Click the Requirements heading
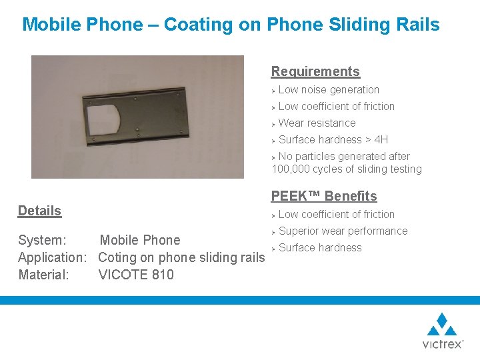pyautogui.click(x=315, y=71)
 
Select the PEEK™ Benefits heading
pyautogui.click(x=324, y=196)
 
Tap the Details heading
pyautogui.click(x=39, y=211)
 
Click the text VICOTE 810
pyautogui.click(x=136, y=274)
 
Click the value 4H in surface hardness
pyautogui.click(x=381, y=139)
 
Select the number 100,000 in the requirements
pyautogui.click(x=294, y=169)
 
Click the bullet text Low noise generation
pyautogui.click(x=329, y=90)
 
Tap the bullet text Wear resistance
pyautogui.click(x=317, y=123)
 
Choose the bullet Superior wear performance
pyautogui.click(x=343, y=231)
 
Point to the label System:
pyautogui.click(x=42, y=240)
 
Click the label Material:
pyautogui.click(x=44, y=274)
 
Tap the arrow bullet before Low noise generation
pyautogui.click(x=274, y=90)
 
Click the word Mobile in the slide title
pyautogui.click(x=50, y=25)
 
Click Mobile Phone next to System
pyautogui.click(x=140, y=240)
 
